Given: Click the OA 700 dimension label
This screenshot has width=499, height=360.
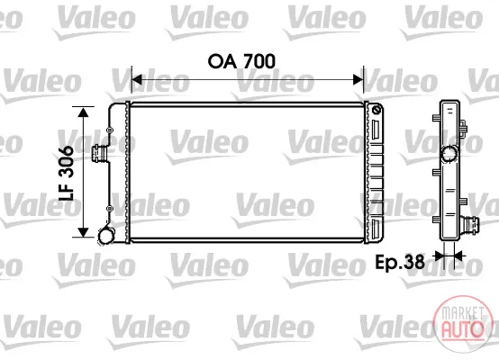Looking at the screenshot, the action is tap(241, 61).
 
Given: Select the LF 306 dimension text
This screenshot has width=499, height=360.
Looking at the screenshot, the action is tap(67, 174).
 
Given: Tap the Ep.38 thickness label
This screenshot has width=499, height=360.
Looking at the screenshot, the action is tap(400, 262).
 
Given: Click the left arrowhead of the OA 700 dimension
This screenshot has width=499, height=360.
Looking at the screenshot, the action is tap(137, 79).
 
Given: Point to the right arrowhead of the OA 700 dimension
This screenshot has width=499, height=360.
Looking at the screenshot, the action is tap(358, 79).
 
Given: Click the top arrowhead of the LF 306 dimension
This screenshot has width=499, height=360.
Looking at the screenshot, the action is tap(83, 112).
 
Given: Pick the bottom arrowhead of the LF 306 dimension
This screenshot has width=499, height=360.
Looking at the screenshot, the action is tap(83, 232).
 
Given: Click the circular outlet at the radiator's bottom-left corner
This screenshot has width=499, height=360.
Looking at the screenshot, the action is tap(106, 236).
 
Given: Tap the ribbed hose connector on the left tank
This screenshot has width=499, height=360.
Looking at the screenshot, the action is tap(99, 153).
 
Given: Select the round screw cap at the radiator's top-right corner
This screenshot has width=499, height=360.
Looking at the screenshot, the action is tap(377, 111).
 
